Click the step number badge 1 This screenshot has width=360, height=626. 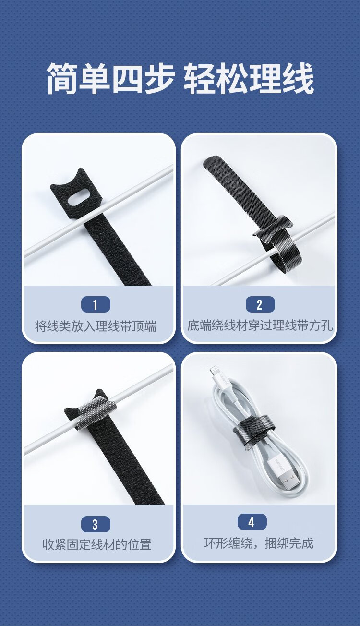(x=96, y=304)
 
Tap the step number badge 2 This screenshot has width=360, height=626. (x=260, y=304)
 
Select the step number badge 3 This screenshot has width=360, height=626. (x=96, y=524)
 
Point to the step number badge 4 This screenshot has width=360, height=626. (x=252, y=522)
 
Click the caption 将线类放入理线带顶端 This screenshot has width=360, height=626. (x=96, y=326)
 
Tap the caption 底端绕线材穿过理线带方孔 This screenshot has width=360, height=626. (x=260, y=325)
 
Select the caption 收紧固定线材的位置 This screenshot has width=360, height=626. (x=97, y=545)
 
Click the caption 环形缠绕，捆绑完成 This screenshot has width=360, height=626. (x=259, y=543)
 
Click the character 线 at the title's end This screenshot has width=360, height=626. (x=298, y=78)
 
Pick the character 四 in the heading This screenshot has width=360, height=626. (x=128, y=78)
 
